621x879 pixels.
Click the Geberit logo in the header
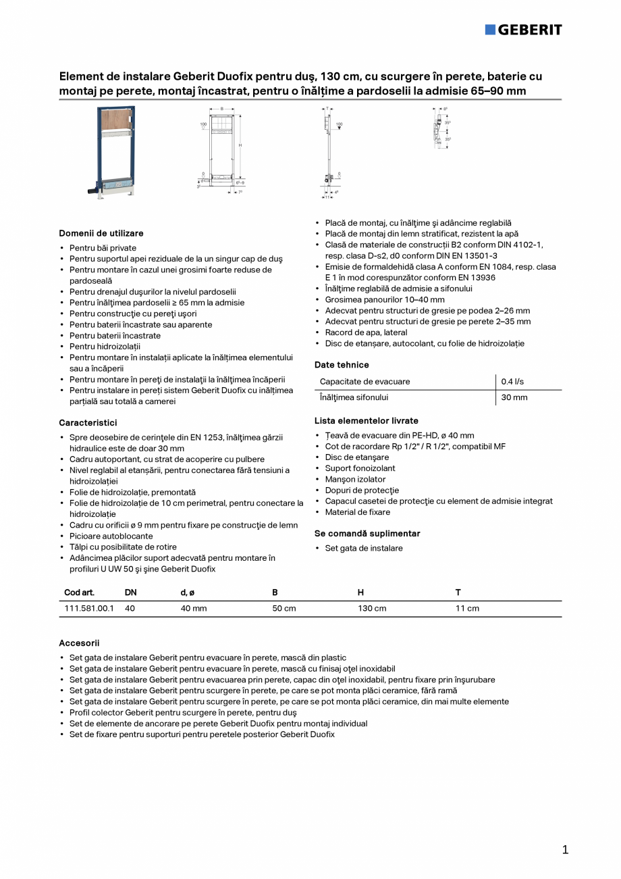523,29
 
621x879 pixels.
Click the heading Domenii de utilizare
101,233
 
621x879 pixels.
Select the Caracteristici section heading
88,422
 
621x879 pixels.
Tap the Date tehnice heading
342,365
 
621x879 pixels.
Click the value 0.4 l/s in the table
512,382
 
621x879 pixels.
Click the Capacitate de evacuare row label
364,382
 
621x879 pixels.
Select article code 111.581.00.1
89,608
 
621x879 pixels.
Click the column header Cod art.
79,593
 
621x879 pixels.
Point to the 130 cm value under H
372,608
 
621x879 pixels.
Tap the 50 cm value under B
283,608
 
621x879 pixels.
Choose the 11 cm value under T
467,608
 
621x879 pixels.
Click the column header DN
130,593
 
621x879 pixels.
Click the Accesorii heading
79,643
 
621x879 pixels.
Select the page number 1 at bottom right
565,850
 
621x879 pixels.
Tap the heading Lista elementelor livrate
366,420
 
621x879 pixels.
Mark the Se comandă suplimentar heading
367,533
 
